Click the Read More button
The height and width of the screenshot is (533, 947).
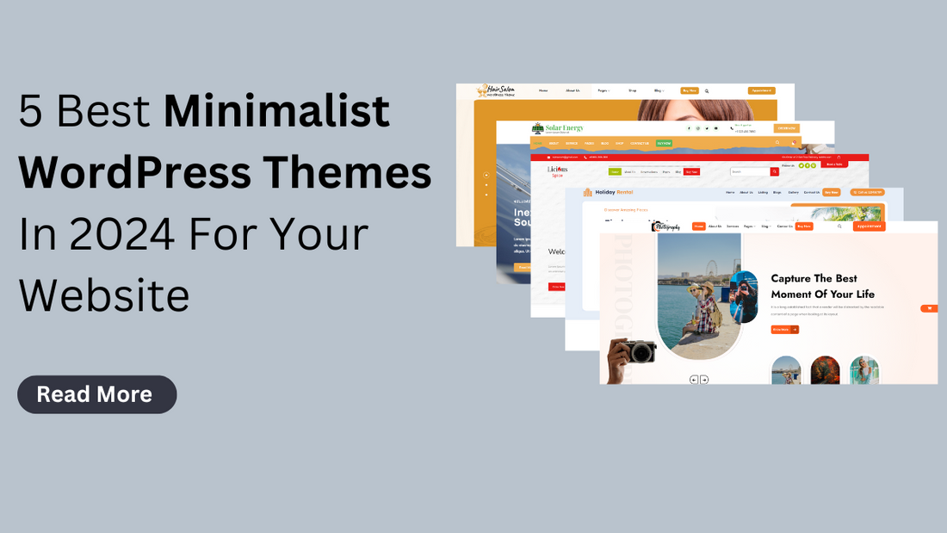pyautogui.click(x=96, y=394)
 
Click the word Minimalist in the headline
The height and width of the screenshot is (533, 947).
pyautogui.click(x=276, y=113)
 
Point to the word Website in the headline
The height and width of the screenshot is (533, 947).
pyautogui.click(x=104, y=295)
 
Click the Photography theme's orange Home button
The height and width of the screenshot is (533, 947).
pyautogui.click(x=699, y=226)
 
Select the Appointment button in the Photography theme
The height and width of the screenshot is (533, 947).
pyautogui.click(x=869, y=226)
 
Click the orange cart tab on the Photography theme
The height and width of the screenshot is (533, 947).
pyautogui.click(x=929, y=307)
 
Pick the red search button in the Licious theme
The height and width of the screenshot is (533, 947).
pyautogui.click(x=774, y=172)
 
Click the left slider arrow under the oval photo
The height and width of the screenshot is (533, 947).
pyautogui.click(x=694, y=379)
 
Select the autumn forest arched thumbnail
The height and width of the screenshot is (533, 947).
pyautogui.click(x=825, y=370)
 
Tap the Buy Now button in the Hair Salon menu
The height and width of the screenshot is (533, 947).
pyautogui.click(x=689, y=90)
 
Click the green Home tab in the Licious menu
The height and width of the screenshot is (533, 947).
pyautogui.click(x=615, y=172)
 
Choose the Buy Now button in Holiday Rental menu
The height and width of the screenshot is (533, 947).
pyautogui.click(x=831, y=192)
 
